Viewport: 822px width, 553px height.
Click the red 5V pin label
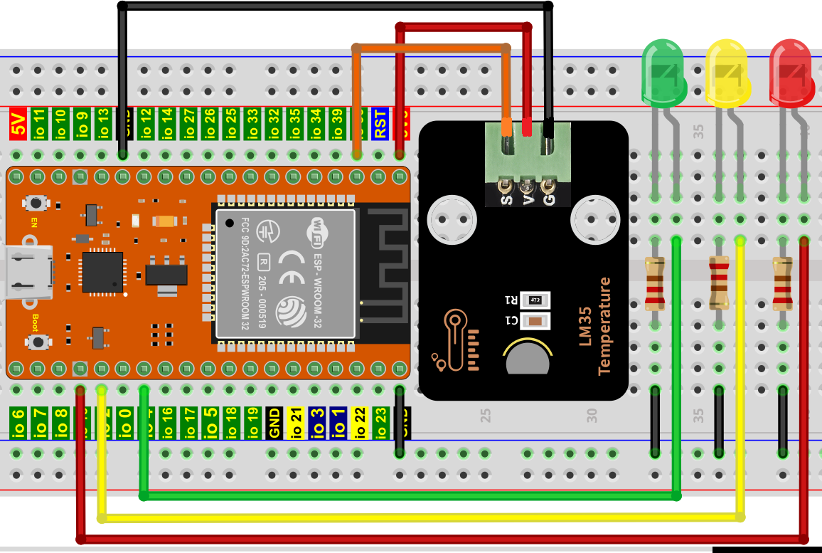pyautogui.click(x=18, y=123)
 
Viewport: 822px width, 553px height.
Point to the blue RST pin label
pyautogui.click(x=380, y=123)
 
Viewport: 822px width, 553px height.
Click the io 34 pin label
pyautogui.click(x=316, y=123)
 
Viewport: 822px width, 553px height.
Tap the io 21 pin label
pyautogui.click(x=295, y=422)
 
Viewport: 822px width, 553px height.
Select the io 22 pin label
pyautogui.click(x=359, y=422)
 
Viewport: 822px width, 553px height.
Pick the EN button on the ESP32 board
pyautogui.click(x=33, y=204)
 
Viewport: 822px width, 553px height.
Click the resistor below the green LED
pyautogui.click(x=655, y=283)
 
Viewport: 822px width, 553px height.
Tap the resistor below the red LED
pyautogui.click(x=783, y=283)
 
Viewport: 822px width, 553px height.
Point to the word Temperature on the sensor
pyautogui.click(x=604, y=325)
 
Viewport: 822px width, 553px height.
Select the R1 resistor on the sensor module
pyautogui.click(x=535, y=300)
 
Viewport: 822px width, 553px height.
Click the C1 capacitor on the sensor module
pyautogui.click(x=535, y=321)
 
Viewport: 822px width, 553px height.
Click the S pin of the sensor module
pyautogui.click(x=506, y=186)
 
